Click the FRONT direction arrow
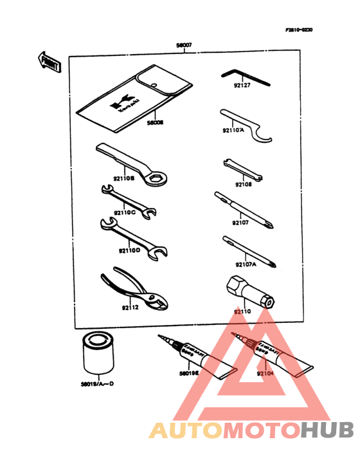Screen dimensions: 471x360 49,62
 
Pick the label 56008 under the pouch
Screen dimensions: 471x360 155,121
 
